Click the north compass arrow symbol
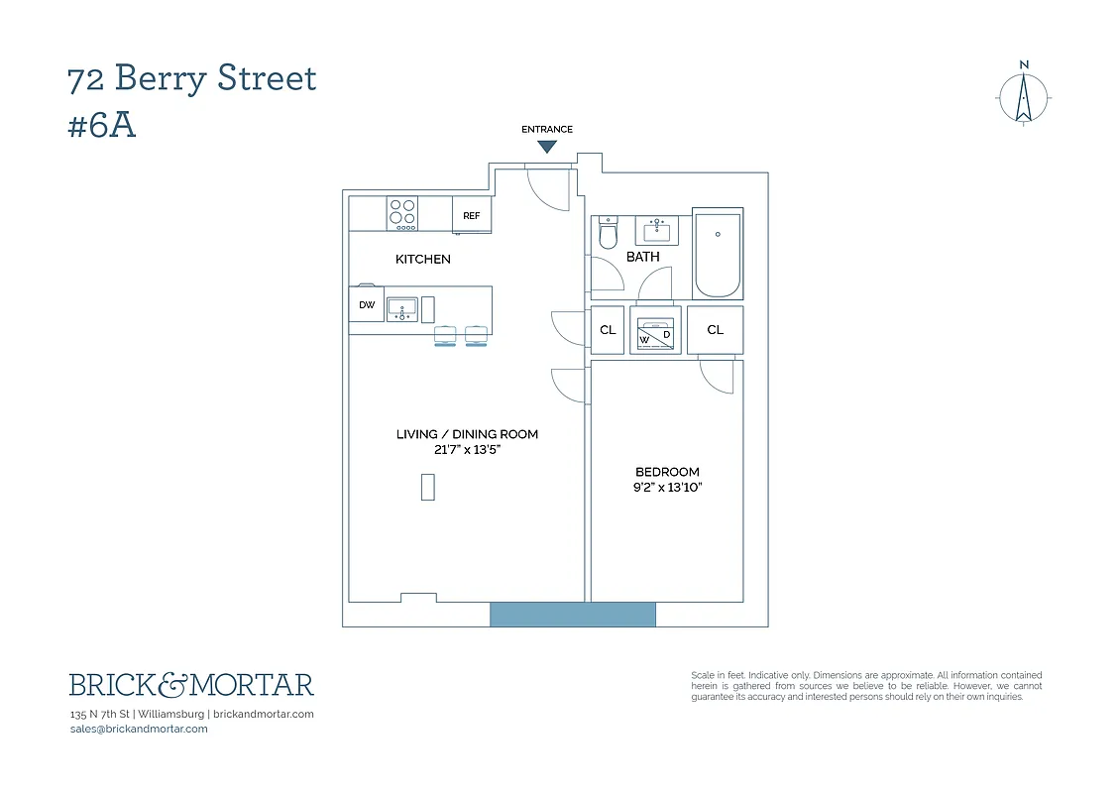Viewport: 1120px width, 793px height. point(1024,98)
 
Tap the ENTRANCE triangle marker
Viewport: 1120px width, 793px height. point(547,147)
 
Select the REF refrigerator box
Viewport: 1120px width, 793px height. point(472,215)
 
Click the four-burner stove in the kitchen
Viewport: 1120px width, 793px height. point(402,214)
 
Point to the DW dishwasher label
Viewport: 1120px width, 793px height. point(367,305)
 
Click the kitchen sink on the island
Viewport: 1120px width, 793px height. point(401,309)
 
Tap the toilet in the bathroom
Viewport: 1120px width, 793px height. point(609,234)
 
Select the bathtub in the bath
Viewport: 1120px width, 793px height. point(718,254)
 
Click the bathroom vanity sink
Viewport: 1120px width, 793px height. point(656,231)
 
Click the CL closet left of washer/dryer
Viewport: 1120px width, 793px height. point(608,331)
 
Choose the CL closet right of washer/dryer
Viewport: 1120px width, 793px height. point(715,331)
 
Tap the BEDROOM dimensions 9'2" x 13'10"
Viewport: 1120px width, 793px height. point(667,488)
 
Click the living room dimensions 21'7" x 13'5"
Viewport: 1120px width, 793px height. point(467,449)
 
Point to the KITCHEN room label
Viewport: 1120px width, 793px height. point(423,260)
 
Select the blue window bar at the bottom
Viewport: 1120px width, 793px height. point(573,615)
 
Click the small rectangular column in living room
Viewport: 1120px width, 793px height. point(428,487)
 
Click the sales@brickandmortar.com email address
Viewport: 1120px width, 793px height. point(139,729)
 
